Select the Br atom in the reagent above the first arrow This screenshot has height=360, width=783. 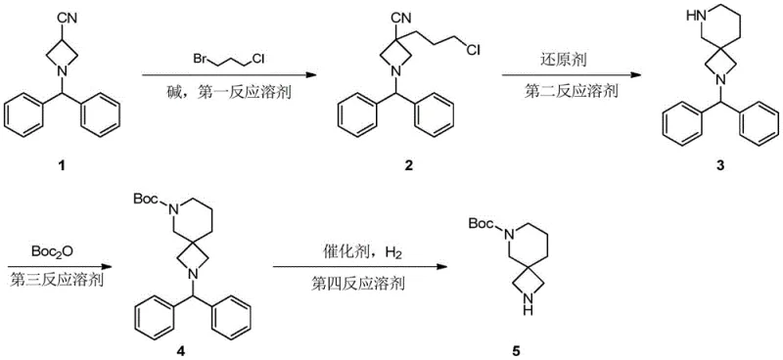coord(201,60)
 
